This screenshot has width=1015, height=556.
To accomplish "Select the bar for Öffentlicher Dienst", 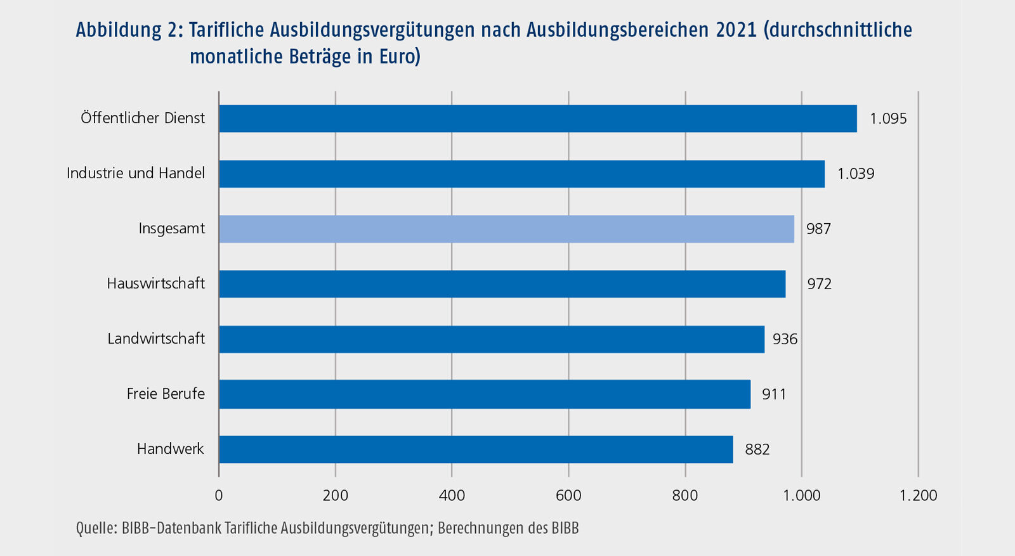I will click(537, 119).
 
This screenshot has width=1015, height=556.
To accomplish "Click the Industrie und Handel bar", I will click(521, 174).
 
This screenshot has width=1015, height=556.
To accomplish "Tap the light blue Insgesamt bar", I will click(506, 229).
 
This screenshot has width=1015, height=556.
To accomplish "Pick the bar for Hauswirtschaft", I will click(502, 284).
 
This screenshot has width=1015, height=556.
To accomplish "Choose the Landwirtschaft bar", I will click(492, 339).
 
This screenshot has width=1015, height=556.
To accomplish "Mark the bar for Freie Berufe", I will click(485, 394).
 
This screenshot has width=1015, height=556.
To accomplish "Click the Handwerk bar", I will click(476, 449).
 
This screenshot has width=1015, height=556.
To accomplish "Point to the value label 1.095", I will click(888, 119).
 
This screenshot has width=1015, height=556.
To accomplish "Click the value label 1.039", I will click(856, 174).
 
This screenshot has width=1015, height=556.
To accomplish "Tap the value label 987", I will click(818, 229).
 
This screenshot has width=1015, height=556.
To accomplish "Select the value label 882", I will click(757, 449).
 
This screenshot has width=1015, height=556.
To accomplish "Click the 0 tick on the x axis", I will click(219, 495).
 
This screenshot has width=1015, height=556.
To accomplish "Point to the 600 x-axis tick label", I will click(568, 495).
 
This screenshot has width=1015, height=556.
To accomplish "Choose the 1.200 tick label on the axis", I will click(918, 495).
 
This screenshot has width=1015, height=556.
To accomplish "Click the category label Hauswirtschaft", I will click(156, 283).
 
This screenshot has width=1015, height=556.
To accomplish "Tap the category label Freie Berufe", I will click(166, 394).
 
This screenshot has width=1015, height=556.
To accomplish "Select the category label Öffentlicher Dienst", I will click(143, 118).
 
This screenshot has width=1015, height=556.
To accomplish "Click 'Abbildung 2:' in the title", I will click(129, 30).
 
